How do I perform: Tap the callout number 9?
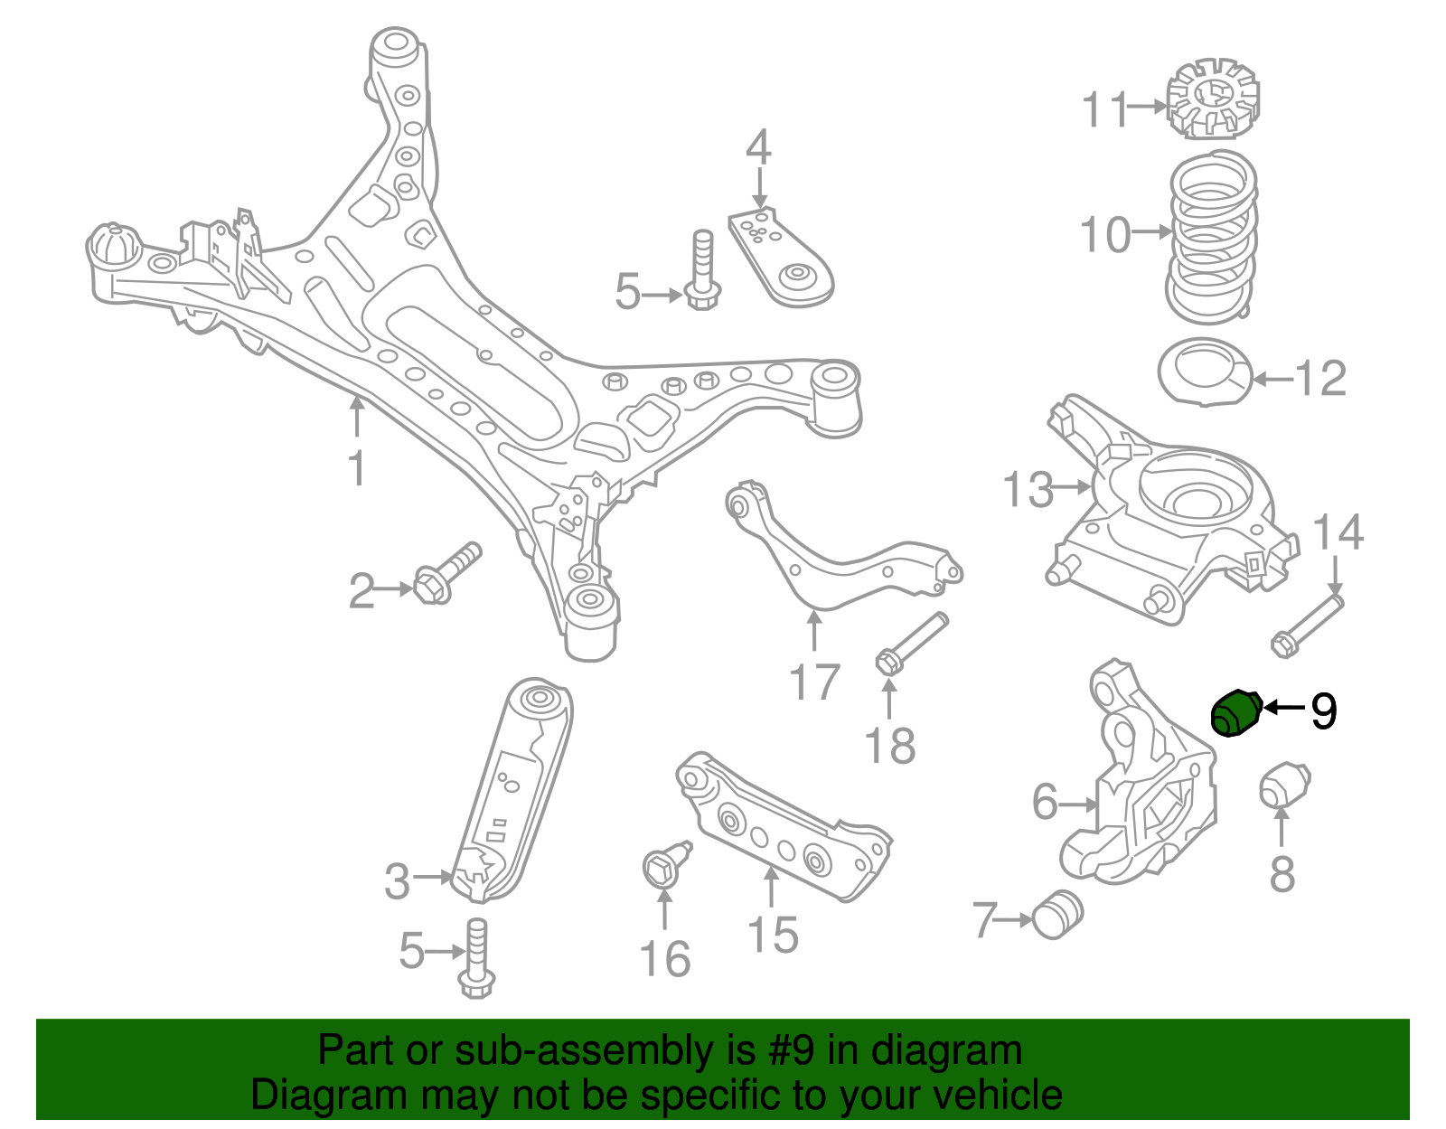pyautogui.click(x=1323, y=711)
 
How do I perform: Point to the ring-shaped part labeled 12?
pyautogui.click(x=1206, y=372)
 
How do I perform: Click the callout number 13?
pyautogui.click(x=1028, y=489)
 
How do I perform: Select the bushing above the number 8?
pyautogui.click(x=1284, y=785)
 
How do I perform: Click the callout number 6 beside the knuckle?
pyautogui.click(x=1045, y=802)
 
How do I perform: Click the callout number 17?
pyautogui.click(x=814, y=682)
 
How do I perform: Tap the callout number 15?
pyautogui.click(x=773, y=935)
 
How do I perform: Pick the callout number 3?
pyautogui.click(x=398, y=880)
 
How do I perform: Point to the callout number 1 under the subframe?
pyautogui.click(x=358, y=468)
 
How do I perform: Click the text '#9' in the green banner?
pyautogui.click(x=791, y=1051)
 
